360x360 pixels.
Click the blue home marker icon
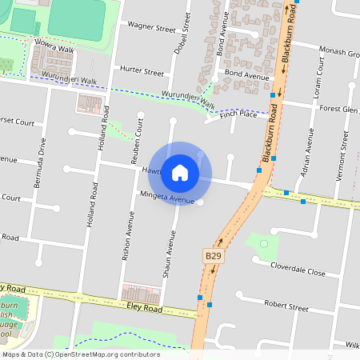point(180,172)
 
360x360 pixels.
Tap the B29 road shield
point(212,255)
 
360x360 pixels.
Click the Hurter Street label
point(141,72)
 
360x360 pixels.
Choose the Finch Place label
point(238,114)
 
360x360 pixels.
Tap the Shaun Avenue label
point(170,255)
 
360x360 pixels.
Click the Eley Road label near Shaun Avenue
point(144,308)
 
